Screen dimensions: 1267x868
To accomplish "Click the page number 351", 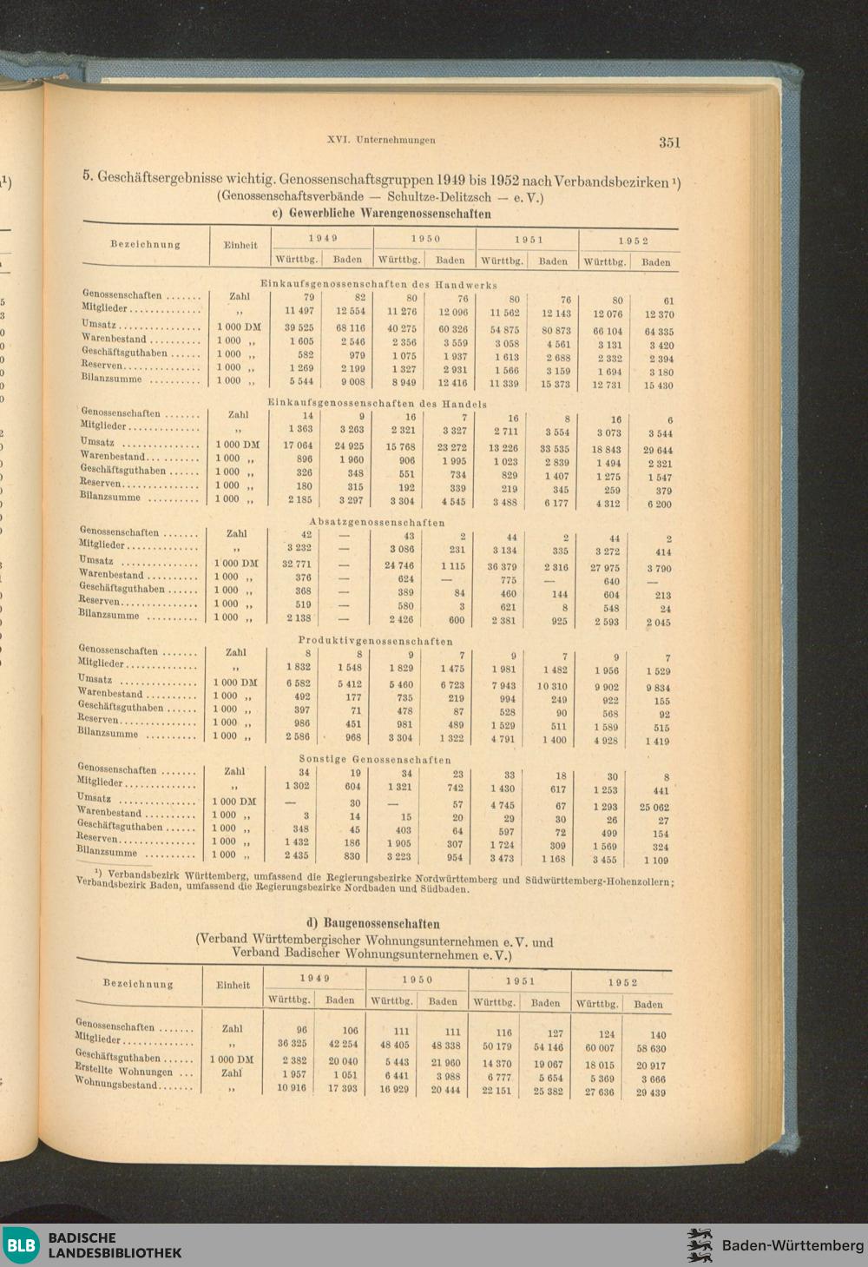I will click(x=668, y=142).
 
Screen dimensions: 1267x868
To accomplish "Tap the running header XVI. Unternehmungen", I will click(x=381, y=139).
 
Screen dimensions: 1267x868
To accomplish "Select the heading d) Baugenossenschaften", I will click(x=374, y=923).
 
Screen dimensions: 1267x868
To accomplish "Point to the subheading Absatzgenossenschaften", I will click(x=377, y=522).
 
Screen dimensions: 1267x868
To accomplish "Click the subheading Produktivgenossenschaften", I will click(x=375, y=641).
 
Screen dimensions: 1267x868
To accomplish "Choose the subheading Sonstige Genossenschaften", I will click(x=375, y=759).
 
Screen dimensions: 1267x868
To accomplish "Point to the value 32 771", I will click(x=298, y=564).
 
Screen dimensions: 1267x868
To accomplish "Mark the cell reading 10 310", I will click(x=551, y=686).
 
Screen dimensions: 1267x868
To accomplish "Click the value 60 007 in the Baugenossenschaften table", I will click(x=600, y=1048).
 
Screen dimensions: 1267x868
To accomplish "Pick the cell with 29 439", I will click(x=650, y=1092).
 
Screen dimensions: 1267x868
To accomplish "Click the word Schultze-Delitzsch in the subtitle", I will click(x=437, y=198).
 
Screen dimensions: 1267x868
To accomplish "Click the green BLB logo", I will click(x=21, y=1245).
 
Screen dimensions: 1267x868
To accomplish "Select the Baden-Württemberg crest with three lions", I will click(x=700, y=1244).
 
